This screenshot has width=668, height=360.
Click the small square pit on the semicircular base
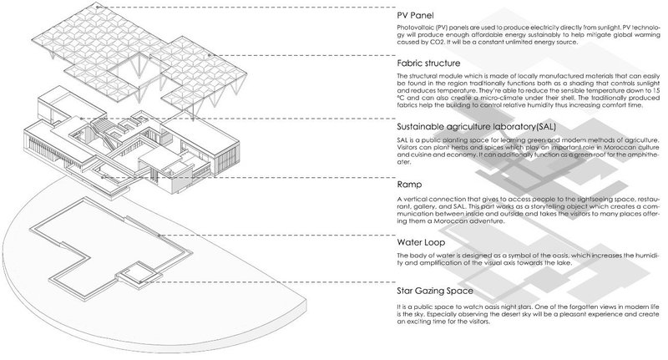point(134,273)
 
